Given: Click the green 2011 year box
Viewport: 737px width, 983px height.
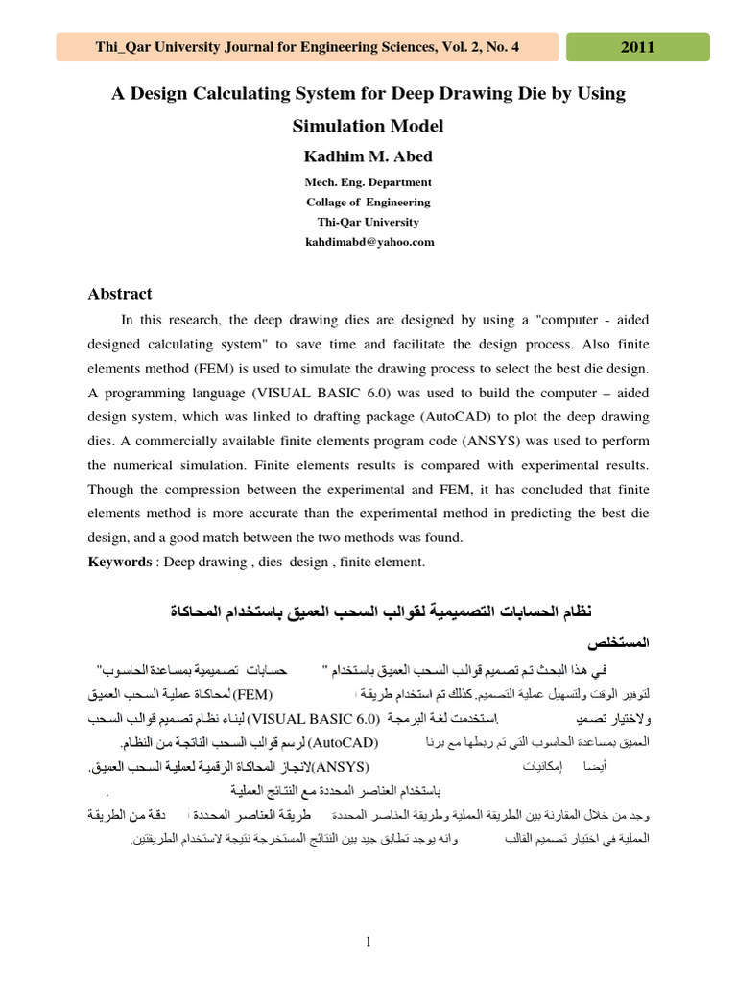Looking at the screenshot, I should (638, 47).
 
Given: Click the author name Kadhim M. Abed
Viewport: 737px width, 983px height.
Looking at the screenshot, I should (368, 156).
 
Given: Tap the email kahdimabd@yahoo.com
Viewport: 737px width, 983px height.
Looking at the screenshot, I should (369, 242).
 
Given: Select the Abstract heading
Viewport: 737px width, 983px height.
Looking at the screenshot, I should (120, 294).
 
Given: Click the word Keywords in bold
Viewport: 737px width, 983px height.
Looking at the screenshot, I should (120, 562).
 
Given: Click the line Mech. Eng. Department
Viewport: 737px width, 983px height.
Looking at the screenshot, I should (368, 181).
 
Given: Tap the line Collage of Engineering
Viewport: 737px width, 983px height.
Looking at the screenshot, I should (368, 202).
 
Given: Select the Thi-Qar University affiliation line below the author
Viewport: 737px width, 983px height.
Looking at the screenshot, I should (368, 222).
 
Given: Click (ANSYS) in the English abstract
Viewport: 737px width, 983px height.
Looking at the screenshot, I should (493, 442).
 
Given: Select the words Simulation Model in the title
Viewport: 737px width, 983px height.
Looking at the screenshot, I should (368, 126).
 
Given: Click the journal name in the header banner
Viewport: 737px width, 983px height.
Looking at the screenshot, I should (307, 47).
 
